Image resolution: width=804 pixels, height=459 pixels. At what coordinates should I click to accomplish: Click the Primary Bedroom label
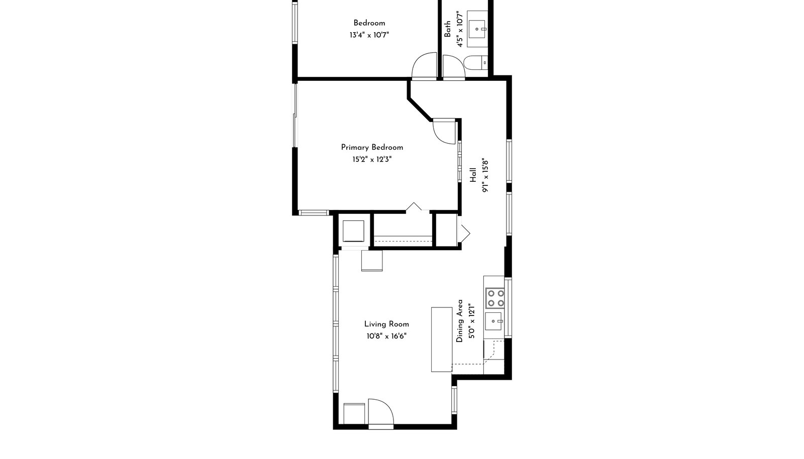pyautogui.click(x=372, y=147)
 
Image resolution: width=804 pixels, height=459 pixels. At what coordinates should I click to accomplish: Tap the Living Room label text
pyautogui.click(x=386, y=324)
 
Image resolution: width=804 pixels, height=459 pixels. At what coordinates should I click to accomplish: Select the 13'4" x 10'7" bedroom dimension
pyautogui.click(x=369, y=35)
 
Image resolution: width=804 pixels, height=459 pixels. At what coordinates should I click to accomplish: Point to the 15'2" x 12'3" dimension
pyautogui.click(x=372, y=159)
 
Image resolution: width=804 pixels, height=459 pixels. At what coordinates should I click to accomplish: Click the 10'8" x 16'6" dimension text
pyautogui.click(x=386, y=336)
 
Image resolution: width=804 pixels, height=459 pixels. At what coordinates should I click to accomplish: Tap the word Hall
pyautogui.click(x=473, y=175)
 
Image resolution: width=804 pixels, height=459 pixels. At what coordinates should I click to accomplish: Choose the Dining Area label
pyautogui.click(x=459, y=321)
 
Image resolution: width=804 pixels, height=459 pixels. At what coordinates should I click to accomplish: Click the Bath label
pyautogui.click(x=448, y=29)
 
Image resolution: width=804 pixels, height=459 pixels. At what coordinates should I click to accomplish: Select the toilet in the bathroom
pyautogui.click(x=475, y=63)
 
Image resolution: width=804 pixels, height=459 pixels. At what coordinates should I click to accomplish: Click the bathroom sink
pyautogui.click(x=477, y=29)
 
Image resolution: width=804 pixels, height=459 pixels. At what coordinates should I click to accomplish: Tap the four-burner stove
pyautogui.click(x=495, y=298)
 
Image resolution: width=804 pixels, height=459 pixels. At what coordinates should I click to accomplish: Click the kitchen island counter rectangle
pyautogui.click(x=442, y=339)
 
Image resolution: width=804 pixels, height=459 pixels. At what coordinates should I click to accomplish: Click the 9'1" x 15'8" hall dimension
pyautogui.click(x=485, y=175)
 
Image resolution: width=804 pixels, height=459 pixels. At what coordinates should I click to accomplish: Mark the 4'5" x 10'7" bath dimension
pyautogui.click(x=459, y=29)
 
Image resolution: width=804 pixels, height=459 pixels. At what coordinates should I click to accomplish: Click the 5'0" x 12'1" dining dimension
pyautogui.click(x=472, y=321)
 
